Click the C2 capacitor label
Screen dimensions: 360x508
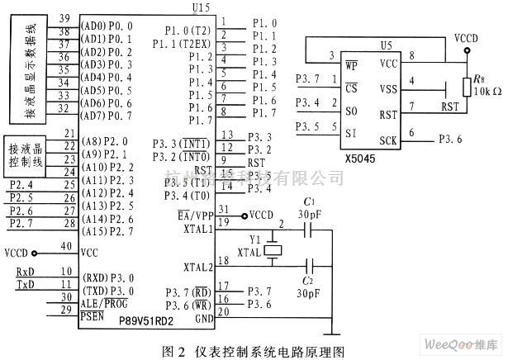(308, 282)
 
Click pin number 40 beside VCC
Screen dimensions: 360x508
(66, 248)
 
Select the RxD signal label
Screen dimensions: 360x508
(26, 272)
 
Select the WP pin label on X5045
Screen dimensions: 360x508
(352, 64)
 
